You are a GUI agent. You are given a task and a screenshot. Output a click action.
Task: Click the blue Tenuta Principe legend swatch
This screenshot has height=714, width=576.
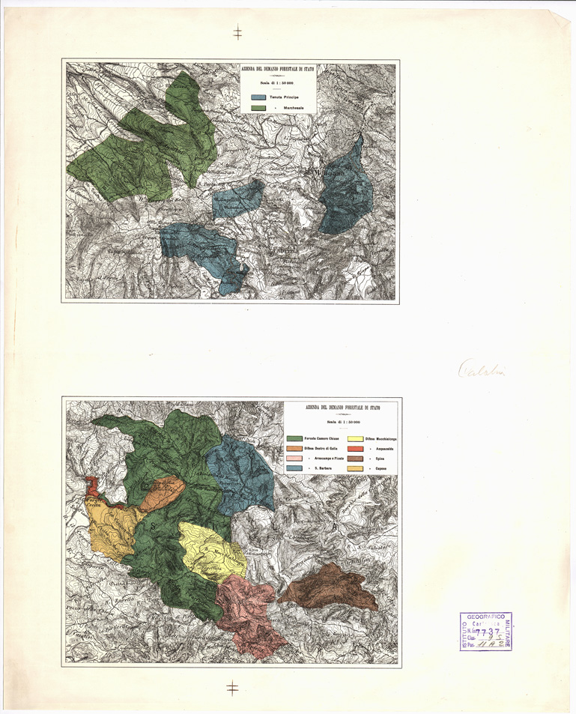pos(258,97)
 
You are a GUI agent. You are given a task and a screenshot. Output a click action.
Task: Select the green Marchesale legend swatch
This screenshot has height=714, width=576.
pos(258,109)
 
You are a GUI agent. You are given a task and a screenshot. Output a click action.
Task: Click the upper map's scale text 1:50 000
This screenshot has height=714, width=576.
pos(277,83)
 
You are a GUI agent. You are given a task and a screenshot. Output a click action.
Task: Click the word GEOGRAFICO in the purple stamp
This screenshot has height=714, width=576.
pos(485,616)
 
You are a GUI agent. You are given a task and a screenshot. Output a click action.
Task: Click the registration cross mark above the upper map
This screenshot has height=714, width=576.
pos(237,32)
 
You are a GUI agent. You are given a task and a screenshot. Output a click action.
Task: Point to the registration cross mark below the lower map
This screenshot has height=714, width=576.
pos(233,688)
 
